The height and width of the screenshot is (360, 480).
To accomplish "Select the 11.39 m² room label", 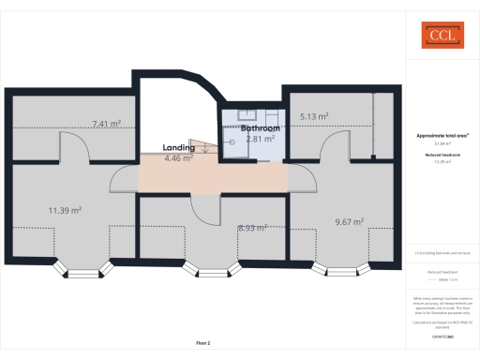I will coord(65,211).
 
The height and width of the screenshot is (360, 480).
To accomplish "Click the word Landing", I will coord(178,148).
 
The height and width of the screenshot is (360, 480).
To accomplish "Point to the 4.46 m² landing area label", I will coord(178,158).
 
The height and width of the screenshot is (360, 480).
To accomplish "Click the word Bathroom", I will coord(260,127).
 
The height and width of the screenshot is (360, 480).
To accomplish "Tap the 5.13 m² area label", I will coord(314,117).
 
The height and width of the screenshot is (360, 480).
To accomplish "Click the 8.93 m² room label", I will coord(253,227).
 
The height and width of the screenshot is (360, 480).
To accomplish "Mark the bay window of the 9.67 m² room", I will coord(337,271).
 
